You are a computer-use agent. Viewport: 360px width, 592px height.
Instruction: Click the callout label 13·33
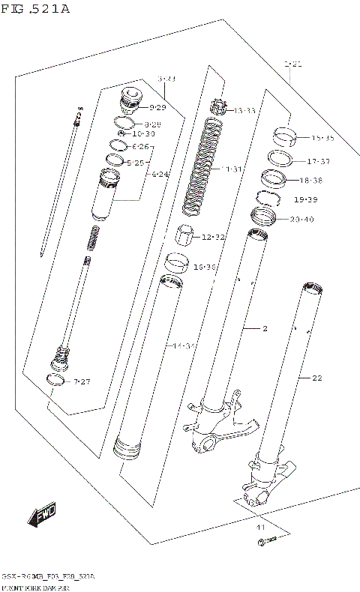pyautogui.click(x=244, y=110)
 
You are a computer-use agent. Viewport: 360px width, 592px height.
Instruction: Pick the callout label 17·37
pyautogui.click(x=318, y=161)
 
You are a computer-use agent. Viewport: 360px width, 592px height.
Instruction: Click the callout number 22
pyautogui.click(x=316, y=378)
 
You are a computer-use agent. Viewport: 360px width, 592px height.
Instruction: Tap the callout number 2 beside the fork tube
pyautogui.click(x=265, y=328)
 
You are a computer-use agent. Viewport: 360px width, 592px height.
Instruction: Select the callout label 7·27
pyautogui.click(x=82, y=382)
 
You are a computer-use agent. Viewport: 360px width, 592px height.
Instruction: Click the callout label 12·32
pyautogui.click(x=213, y=238)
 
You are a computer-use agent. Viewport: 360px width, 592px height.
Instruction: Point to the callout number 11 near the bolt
pyautogui.click(x=261, y=529)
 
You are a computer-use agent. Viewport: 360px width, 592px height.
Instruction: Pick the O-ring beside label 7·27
pyautogui.click(x=55, y=381)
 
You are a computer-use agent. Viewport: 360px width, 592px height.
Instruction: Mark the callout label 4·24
pyautogui.click(x=160, y=175)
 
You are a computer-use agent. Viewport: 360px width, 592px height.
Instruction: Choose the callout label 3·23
pyautogui.click(x=166, y=79)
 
